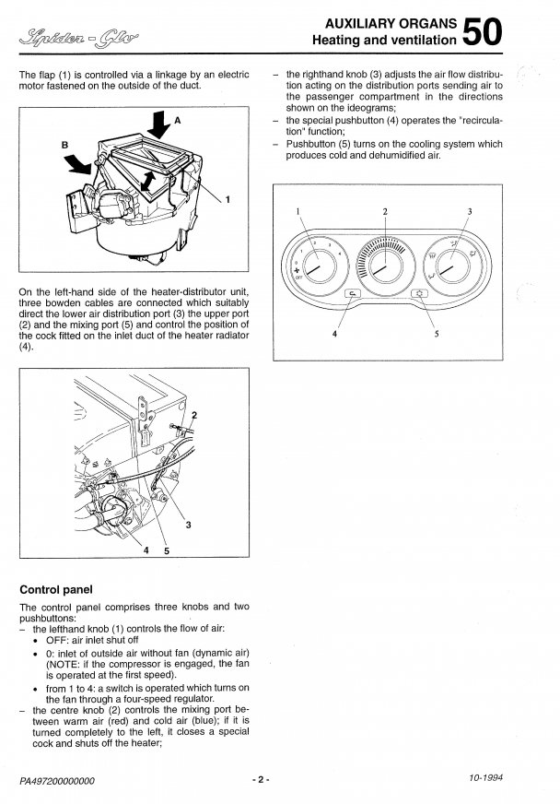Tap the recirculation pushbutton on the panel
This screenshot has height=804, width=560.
[352, 294]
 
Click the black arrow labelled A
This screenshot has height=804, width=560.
[157, 125]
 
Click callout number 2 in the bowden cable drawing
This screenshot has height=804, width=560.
[193, 414]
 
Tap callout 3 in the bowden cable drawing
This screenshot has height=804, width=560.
[188, 526]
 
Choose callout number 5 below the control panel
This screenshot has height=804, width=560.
[437, 334]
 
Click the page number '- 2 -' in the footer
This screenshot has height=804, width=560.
[262, 780]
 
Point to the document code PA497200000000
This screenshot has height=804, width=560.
[63, 781]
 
